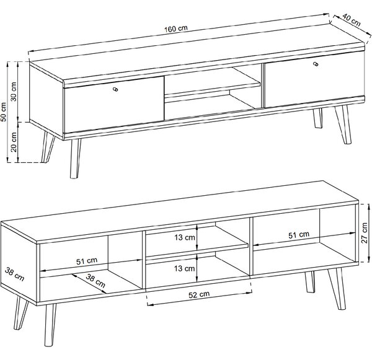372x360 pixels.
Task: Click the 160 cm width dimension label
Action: point(176,29)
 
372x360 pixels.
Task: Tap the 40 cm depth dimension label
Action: point(352,20)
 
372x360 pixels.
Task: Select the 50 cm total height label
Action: point(4,112)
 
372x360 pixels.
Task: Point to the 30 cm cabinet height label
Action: point(14,92)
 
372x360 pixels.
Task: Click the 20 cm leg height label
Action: point(14,142)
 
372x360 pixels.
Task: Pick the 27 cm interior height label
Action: point(364,233)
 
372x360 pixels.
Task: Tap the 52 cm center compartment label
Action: point(199,294)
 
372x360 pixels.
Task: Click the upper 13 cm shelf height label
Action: point(185,237)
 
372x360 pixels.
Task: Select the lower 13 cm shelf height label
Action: point(184,268)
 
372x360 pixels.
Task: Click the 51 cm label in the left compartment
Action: point(87,261)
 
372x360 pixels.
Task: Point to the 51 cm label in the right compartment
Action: point(299,235)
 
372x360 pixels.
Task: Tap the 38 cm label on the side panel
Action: point(15,274)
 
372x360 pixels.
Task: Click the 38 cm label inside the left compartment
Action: point(95,280)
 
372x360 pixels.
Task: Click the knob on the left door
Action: point(115,89)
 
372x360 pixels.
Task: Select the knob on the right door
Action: point(316,64)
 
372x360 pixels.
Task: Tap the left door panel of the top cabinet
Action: point(114,104)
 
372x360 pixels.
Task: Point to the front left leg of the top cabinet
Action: point(75,158)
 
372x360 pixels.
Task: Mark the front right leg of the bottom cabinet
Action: point(337,288)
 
